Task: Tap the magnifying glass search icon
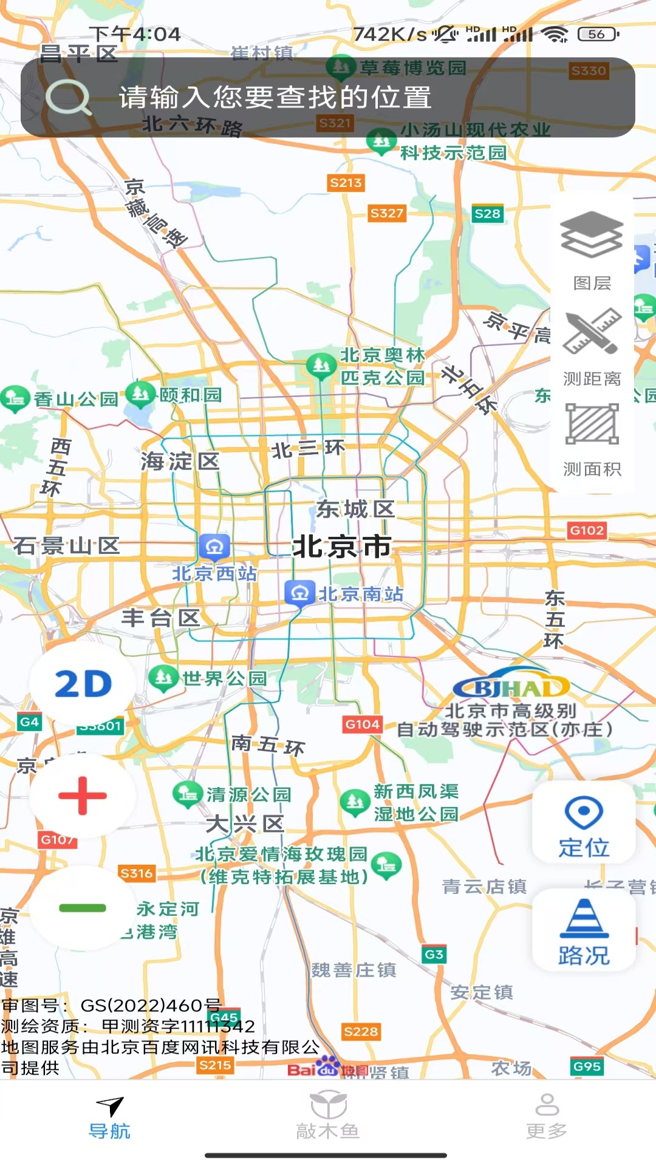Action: click(x=68, y=98)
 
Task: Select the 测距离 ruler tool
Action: click(x=592, y=346)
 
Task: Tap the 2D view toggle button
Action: click(x=83, y=684)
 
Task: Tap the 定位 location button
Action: click(x=584, y=822)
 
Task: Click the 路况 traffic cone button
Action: click(x=584, y=930)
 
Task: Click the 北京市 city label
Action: click(x=342, y=546)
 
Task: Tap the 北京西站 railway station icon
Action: click(x=214, y=547)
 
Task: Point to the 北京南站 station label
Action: click(x=361, y=594)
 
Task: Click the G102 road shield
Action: click(x=587, y=530)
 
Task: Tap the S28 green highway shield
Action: click(x=487, y=214)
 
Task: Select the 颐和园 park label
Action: click(x=190, y=395)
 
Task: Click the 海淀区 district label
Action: click(x=180, y=462)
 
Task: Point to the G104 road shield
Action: click(x=363, y=724)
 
